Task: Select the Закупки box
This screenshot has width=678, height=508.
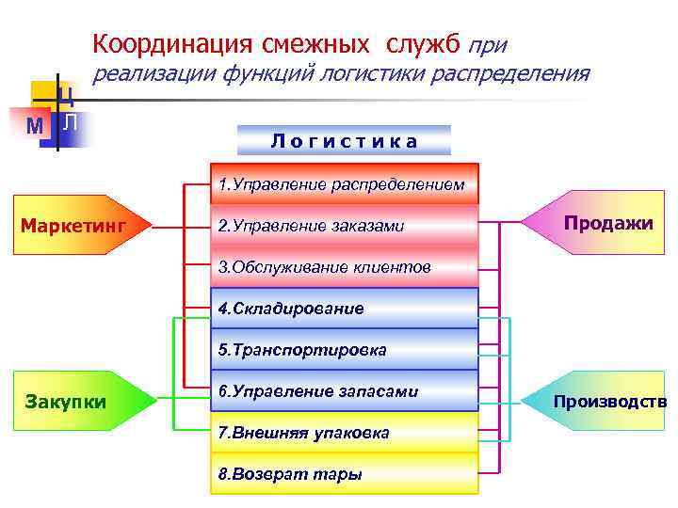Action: pyautogui.click(x=83, y=402)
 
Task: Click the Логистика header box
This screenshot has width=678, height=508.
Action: pyautogui.click(x=345, y=141)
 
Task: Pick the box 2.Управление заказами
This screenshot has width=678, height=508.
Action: pyautogui.click(x=344, y=226)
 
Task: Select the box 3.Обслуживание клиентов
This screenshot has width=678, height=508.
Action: pyautogui.click(x=344, y=267)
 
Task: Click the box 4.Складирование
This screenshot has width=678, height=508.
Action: pyautogui.click(x=344, y=308)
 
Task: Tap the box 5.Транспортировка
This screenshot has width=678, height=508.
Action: pyautogui.click(x=344, y=349)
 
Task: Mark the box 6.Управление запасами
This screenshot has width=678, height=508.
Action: pyautogui.click(x=344, y=390)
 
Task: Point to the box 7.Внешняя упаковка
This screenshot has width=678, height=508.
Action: pyautogui.click(x=344, y=432)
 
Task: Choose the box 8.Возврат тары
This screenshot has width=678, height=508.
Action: pyautogui.click(x=344, y=474)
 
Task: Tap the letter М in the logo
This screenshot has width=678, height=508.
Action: pyautogui.click(x=34, y=125)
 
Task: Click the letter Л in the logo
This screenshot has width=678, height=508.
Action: pyautogui.click(x=72, y=122)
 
